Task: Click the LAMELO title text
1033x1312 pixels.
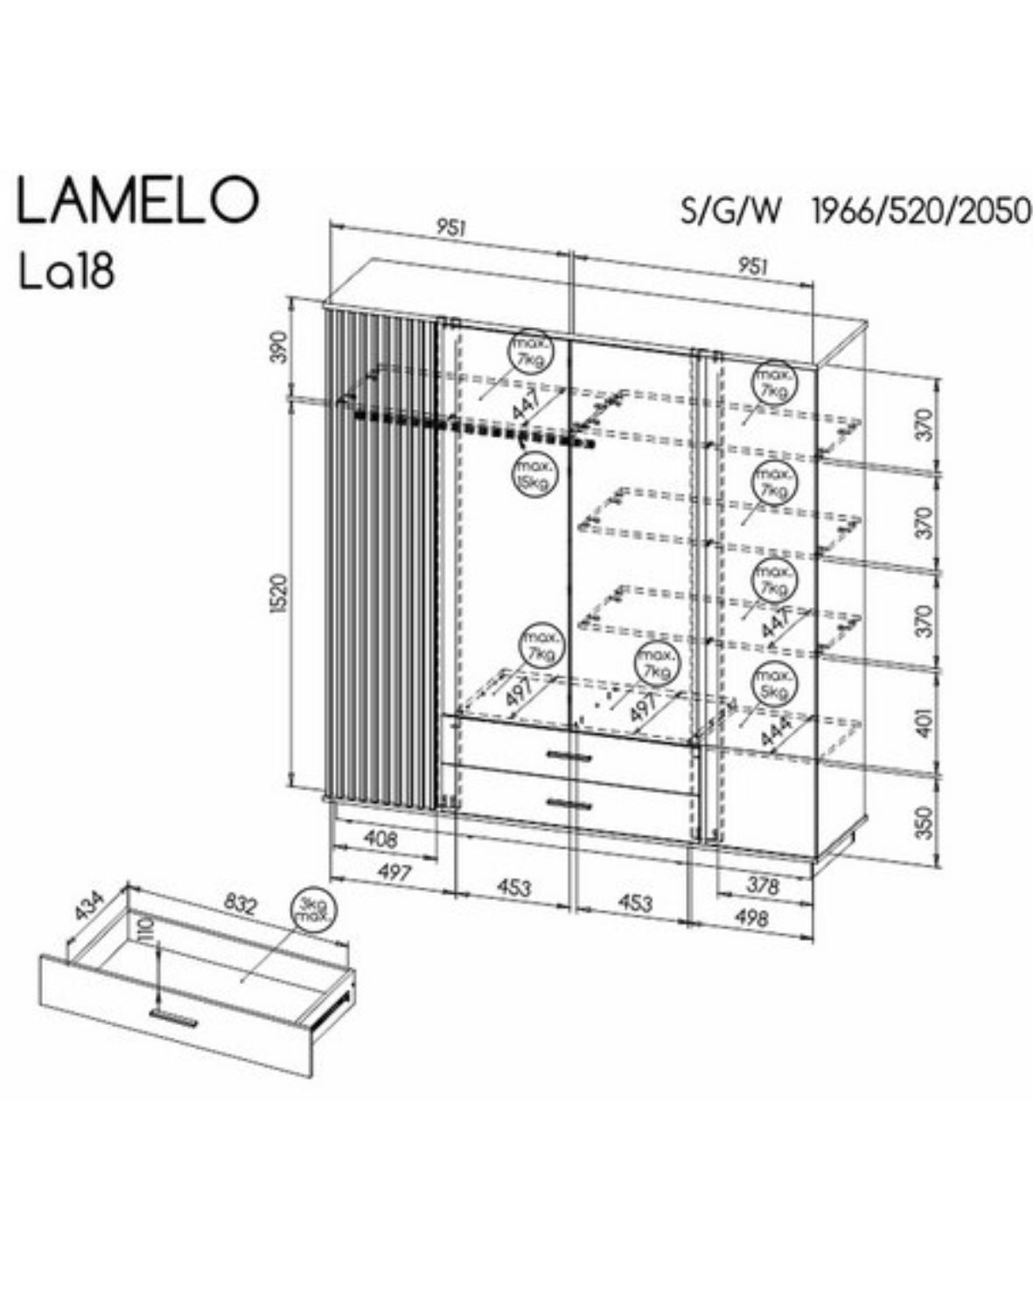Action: pos(138,201)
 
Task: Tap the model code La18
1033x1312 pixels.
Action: pos(66,272)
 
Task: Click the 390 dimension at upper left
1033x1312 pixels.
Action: pos(279,348)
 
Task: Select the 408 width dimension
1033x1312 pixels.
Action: pos(380,840)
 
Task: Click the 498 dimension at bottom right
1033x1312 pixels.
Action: pos(752,918)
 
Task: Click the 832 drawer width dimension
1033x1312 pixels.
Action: pos(240,904)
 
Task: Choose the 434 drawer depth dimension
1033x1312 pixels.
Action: pos(89,906)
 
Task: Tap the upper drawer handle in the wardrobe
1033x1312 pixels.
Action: pos(569,754)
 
